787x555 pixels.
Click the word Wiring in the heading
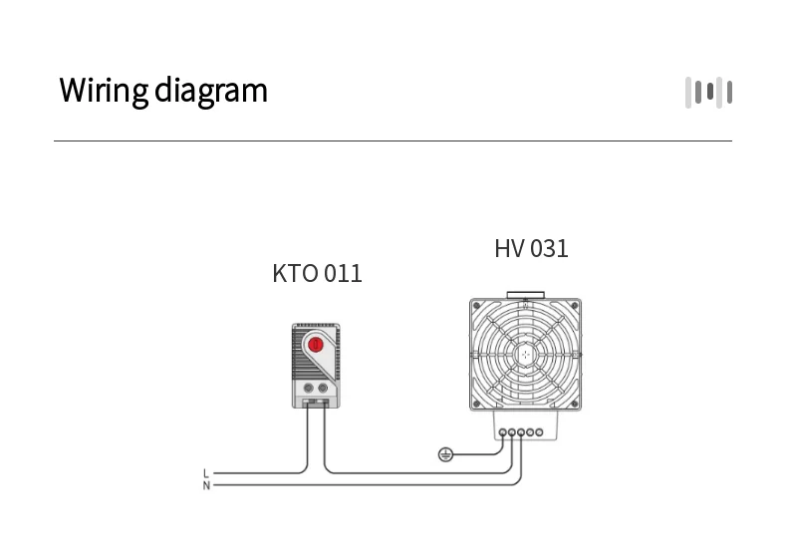(x=103, y=91)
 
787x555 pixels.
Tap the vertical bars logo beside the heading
(x=708, y=93)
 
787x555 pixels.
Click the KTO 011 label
(x=317, y=273)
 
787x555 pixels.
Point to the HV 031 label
(x=531, y=248)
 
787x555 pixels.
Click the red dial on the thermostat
(x=316, y=345)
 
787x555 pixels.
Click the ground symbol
(x=446, y=455)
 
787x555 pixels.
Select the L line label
(x=206, y=473)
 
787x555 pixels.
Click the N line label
(x=206, y=485)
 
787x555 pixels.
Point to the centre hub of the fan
(x=524, y=354)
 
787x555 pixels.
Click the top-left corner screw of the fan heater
(x=477, y=306)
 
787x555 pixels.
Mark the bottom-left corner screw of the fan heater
(x=477, y=403)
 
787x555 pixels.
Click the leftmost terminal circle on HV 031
(x=502, y=431)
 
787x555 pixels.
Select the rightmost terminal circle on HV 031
(x=539, y=431)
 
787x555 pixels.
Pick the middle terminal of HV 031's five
(x=520, y=431)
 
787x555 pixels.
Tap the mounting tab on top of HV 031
(x=524, y=296)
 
